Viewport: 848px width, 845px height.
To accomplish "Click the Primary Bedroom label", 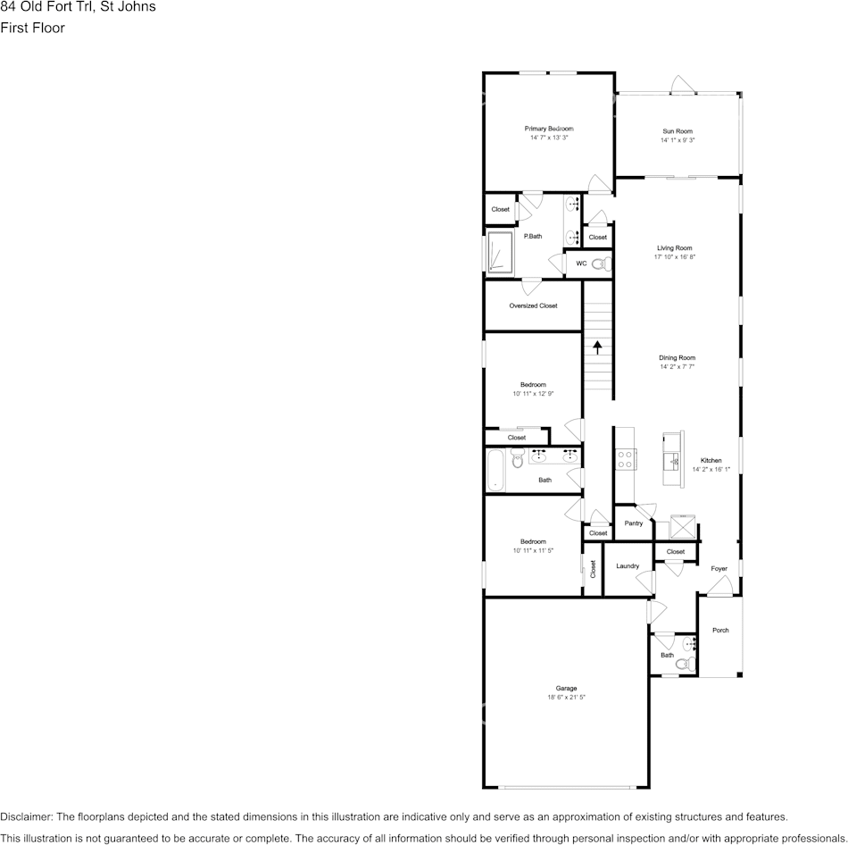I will pos(548,129).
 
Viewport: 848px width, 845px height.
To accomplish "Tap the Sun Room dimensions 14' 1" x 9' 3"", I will pos(678,140).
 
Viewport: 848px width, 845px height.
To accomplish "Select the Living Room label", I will pos(674,248).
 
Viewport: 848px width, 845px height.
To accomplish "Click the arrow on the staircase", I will pos(598,347).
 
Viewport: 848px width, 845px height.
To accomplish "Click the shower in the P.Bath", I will pos(499,251).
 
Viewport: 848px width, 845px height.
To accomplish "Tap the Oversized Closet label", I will pos(533,305).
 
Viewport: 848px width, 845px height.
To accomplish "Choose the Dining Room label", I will pos(677,357).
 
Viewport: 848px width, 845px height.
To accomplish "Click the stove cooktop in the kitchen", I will pos(625,458).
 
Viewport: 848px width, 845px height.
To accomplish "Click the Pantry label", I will pos(634,523).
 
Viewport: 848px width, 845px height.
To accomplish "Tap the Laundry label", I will pos(628,565).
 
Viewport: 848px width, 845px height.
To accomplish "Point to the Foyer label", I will pos(719,569).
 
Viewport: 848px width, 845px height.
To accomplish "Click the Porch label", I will pos(720,630).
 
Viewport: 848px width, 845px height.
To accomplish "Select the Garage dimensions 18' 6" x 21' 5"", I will pos(566,697).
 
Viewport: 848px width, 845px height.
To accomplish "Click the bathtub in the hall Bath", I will pos(495,470).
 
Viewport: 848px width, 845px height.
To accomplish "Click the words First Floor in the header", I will pos(32,28).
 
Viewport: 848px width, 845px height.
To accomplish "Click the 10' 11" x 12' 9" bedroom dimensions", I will pos(533,393).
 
